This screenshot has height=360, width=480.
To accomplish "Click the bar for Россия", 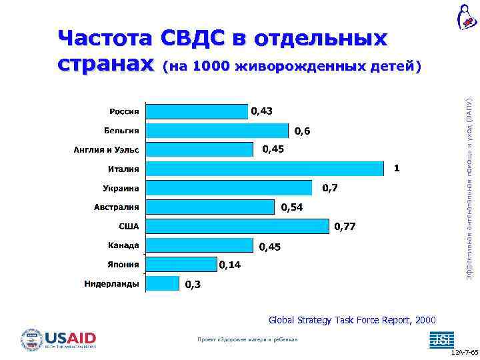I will (196, 111).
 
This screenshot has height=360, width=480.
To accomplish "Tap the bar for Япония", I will (180, 265).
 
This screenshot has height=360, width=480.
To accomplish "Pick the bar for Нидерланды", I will (163, 284).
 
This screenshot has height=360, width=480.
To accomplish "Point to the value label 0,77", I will (345, 227).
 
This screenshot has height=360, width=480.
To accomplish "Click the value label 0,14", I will (230, 265).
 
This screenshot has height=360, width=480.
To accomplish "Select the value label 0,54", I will (292, 208).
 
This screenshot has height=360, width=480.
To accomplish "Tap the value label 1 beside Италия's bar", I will (397, 169).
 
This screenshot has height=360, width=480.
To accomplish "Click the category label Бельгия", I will (121, 130).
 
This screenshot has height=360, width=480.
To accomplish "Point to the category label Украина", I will (121, 188).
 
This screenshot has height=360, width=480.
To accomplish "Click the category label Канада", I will (123, 245).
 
